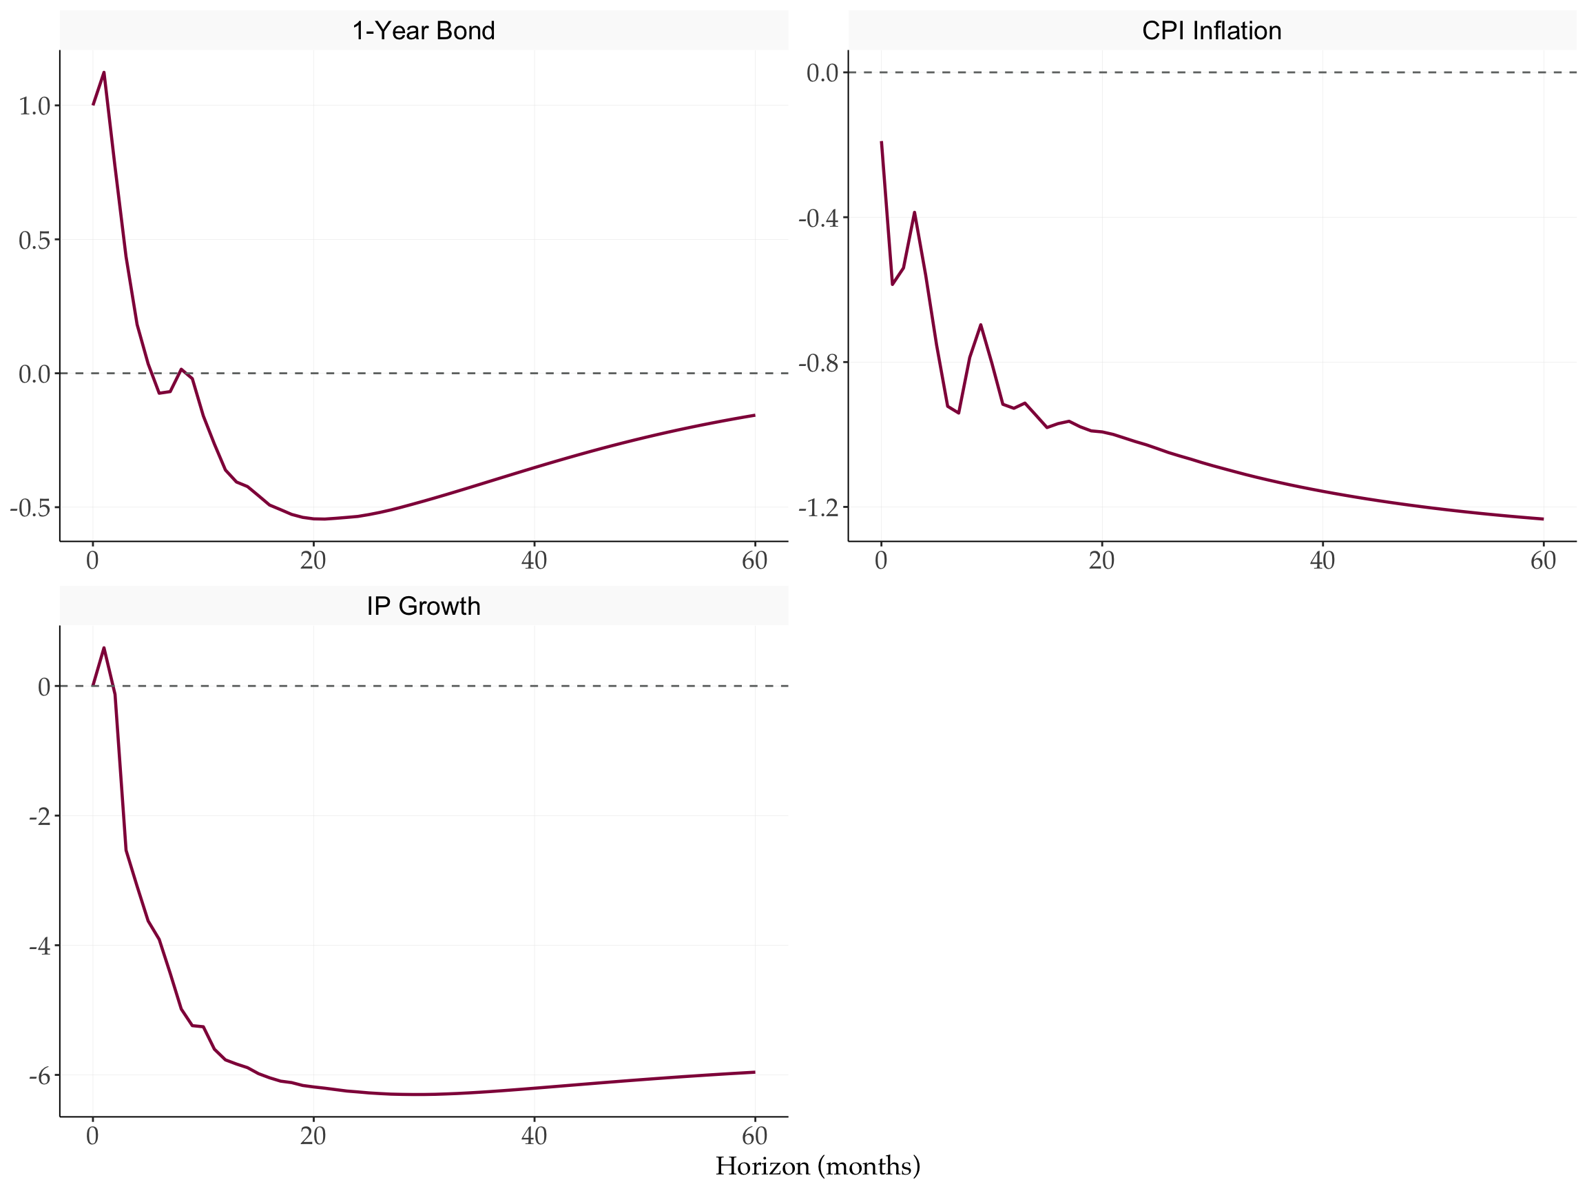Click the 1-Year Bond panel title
(424, 31)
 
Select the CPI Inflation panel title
(1212, 31)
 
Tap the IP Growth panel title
(424, 607)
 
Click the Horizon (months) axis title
(818, 1166)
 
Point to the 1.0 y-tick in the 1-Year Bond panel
(34, 106)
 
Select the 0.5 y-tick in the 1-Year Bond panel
(34, 241)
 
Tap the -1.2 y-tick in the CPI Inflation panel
(818, 508)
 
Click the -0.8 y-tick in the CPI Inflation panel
(818, 363)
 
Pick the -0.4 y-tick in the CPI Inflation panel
(818, 218)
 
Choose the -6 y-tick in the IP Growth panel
(39, 1076)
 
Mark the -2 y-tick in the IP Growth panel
(39, 817)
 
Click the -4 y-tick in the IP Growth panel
(39, 946)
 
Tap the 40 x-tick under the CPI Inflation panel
(1322, 560)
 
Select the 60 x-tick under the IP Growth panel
(755, 1136)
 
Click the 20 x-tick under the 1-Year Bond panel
(313, 560)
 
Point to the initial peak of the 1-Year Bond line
(104, 72)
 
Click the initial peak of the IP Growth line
(104, 648)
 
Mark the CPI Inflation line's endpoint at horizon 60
(1542, 519)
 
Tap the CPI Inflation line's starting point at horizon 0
(881, 142)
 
